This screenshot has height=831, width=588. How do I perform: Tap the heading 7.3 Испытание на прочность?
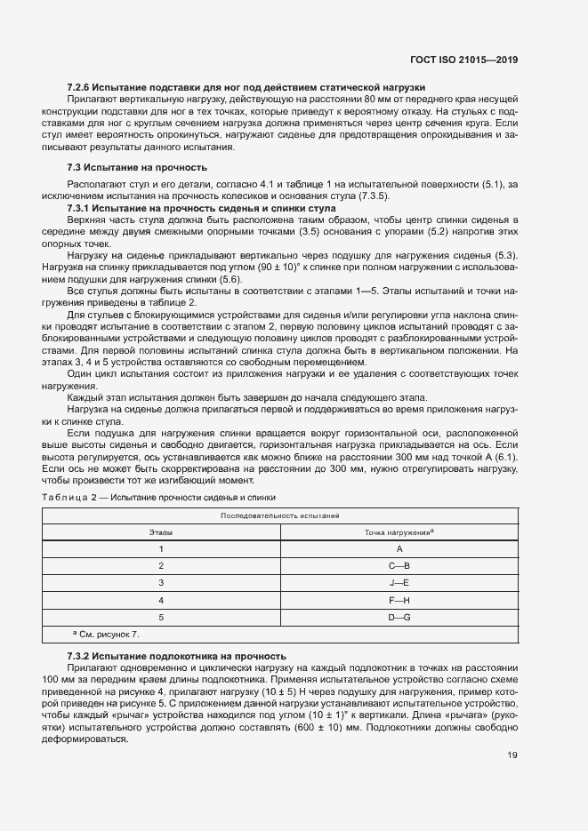(x=137, y=167)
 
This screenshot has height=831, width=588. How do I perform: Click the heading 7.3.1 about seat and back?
(x=201, y=206)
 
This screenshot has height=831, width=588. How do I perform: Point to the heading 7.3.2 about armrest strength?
(x=176, y=655)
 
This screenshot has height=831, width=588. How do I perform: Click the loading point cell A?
(x=399, y=549)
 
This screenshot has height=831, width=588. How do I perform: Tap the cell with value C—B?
(x=399, y=566)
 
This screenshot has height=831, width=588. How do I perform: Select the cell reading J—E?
(x=399, y=583)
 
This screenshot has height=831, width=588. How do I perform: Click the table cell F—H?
(x=399, y=600)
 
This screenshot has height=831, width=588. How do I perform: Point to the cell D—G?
(x=399, y=617)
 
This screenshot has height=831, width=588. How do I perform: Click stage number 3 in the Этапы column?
(x=161, y=583)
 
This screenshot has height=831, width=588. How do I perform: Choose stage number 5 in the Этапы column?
(x=161, y=617)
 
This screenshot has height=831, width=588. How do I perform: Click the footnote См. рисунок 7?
(x=109, y=635)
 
